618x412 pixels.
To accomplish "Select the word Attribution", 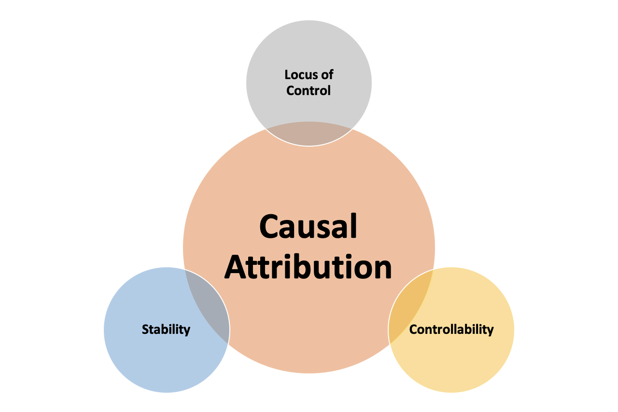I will coord(308,267).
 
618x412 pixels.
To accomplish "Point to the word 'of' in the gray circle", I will coord(328,75).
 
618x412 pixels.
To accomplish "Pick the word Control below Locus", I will coord(309,90).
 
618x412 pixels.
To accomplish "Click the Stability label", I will coord(166,330).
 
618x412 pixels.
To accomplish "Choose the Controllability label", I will coord(451,330).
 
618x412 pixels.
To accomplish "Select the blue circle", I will coord(145,357).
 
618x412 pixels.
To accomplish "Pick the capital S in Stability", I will coord(145,330).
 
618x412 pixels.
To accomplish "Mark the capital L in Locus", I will coord(288,75).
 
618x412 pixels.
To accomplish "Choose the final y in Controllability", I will coord(491,331).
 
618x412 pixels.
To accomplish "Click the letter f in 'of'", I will coord(331,75).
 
